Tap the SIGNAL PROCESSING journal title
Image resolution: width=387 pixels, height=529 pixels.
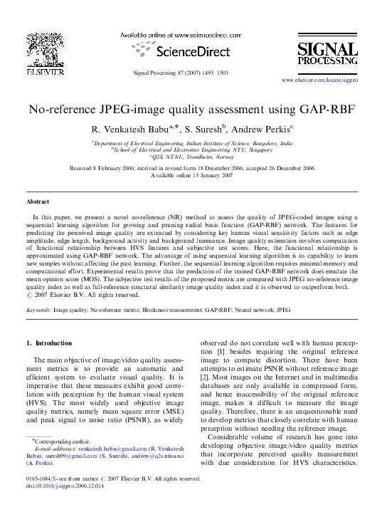point(327,56)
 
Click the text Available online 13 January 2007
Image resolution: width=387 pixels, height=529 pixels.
point(192,175)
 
